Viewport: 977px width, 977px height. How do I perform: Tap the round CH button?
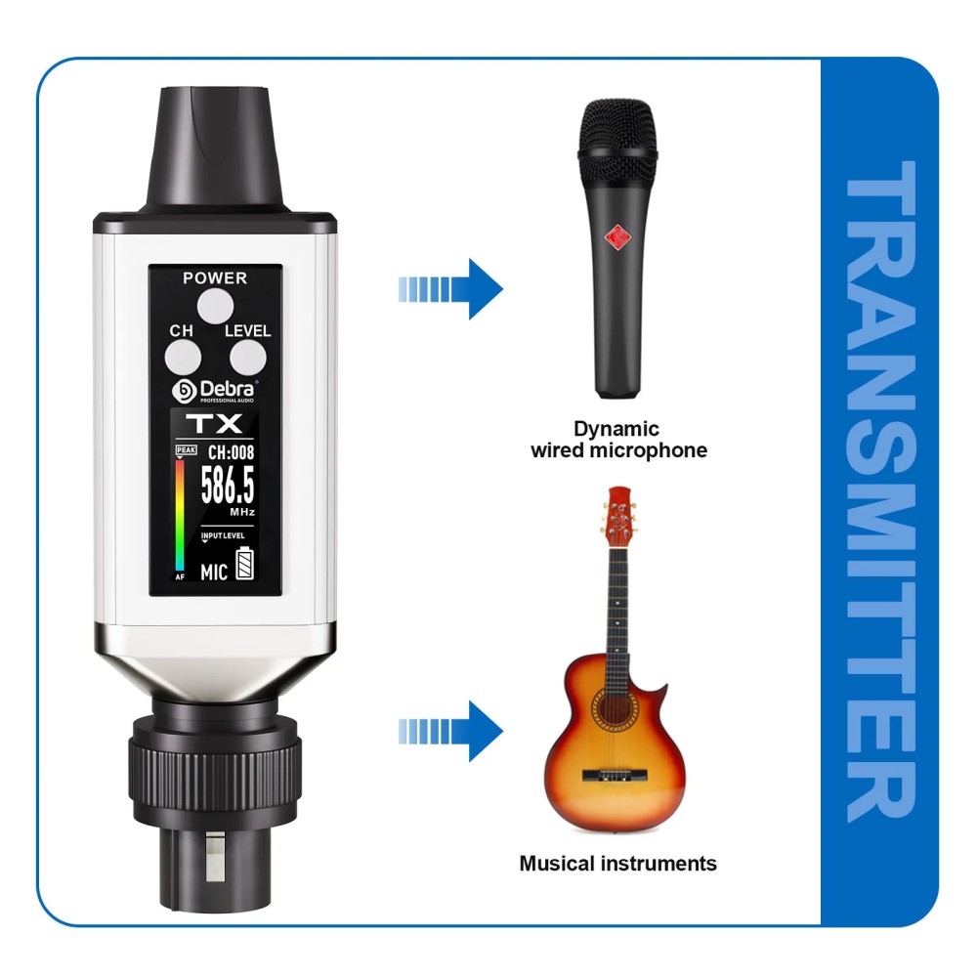coord(183,359)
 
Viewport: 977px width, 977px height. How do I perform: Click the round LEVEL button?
coord(248,359)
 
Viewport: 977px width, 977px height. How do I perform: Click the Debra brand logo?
coord(214,392)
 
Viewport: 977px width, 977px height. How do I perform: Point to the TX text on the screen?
coord(214,424)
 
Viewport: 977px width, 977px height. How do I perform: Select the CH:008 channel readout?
coord(231,452)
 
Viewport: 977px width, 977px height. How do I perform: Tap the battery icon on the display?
coord(245,564)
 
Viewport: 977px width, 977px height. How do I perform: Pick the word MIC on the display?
coord(214,572)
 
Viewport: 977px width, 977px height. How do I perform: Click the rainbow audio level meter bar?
coord(180,515)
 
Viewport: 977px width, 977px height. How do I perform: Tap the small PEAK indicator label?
coord(187,449)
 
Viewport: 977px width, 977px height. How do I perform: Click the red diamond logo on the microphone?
coord(617,237)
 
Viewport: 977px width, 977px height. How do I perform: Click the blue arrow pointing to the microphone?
coord(450,289)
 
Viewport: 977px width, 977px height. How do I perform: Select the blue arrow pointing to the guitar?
coord(450,731)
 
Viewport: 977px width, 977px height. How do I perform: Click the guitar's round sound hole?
coord(615,709)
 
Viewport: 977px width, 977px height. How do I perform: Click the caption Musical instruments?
coord(617,864)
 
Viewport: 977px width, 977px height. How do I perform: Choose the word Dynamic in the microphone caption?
coord(616,429)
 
